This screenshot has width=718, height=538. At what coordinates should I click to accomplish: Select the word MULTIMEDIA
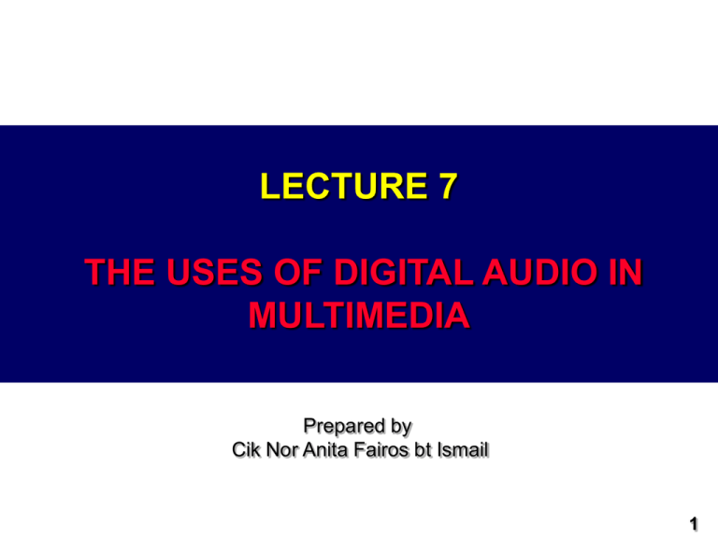coord(359,316)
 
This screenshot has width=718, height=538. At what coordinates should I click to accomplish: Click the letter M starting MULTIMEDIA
coord(261,316)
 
